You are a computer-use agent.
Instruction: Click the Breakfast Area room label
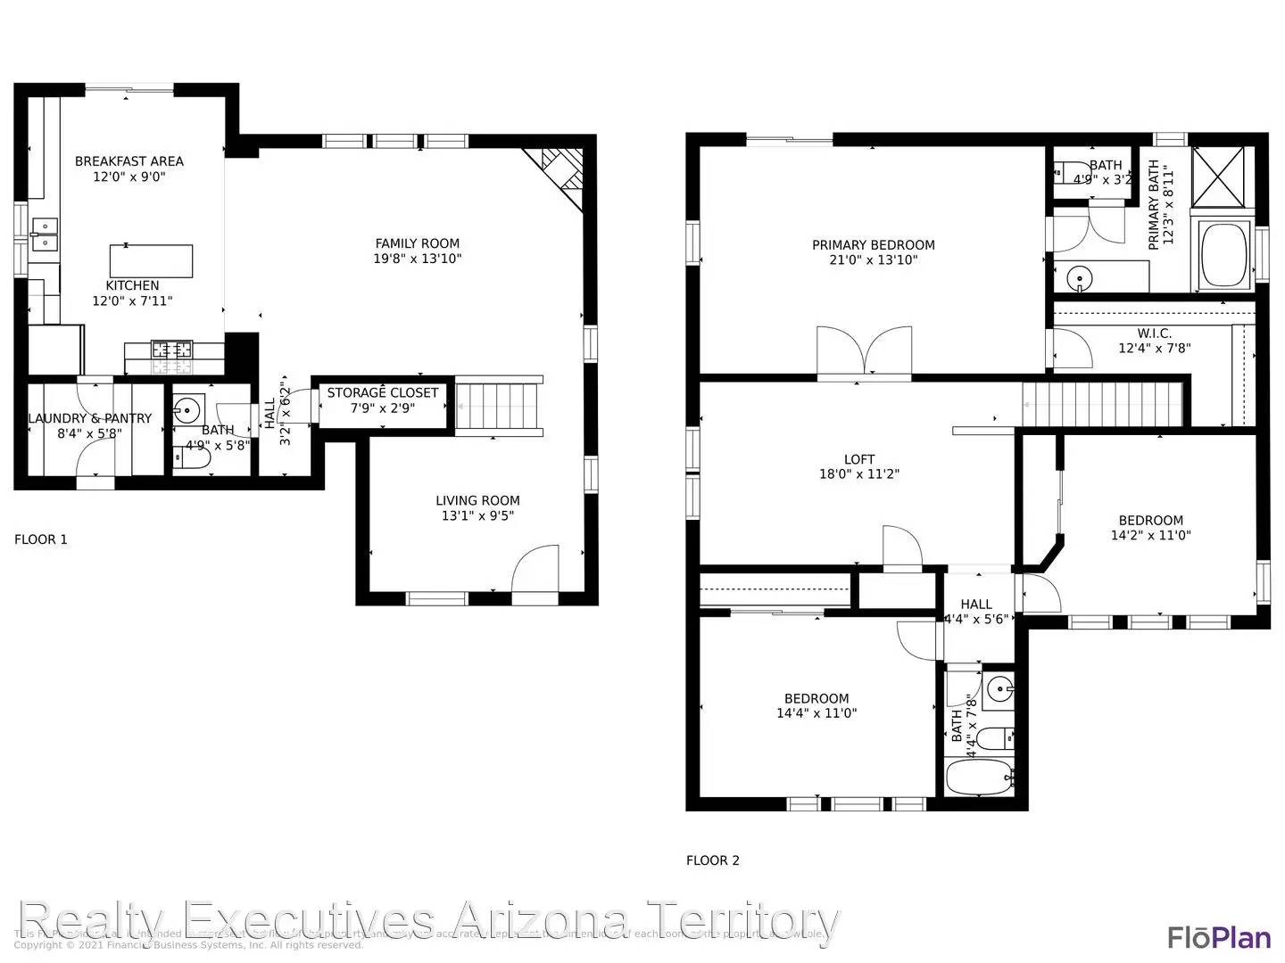[x=128, y=161]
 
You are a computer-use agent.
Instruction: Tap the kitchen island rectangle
[x=151, y=261]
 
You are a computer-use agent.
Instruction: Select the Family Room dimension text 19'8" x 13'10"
[x=417, y=259]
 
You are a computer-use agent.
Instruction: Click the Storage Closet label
[x=382, y=393]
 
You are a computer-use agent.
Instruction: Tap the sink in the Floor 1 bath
[x=188, y=412]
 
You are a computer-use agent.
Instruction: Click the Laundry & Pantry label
[x=90, y=418]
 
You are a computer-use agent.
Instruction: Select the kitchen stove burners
[x=171, y=350]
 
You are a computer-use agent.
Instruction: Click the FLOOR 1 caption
[x=41, y=539]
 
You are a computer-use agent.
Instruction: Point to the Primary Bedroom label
[x=873, y=245]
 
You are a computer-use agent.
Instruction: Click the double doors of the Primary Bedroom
[x=864, y=352]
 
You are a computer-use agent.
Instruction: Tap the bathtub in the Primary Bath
[x=1224, y=256]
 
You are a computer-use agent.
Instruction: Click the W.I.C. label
[x=1154, y=333]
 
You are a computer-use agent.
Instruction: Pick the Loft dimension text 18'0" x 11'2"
[x=858, y=474]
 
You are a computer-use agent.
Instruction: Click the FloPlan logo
[x=1219, y=937]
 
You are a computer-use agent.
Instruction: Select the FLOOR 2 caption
[x=712, y=860]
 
